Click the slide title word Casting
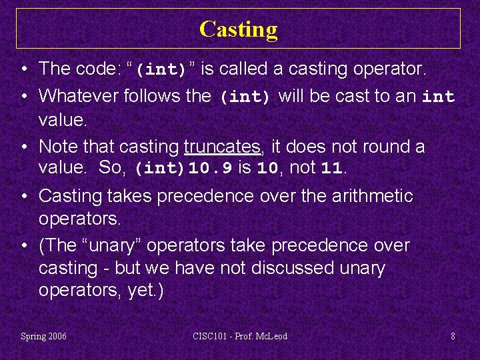238,29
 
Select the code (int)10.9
183,169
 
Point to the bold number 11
331,169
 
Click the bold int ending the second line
438,97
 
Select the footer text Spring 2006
44,336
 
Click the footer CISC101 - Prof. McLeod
240,336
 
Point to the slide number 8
453,336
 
